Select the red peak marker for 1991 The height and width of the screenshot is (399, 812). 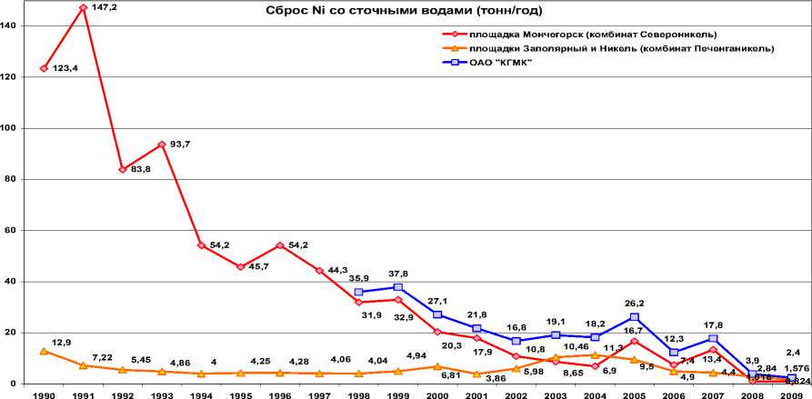point(83,7)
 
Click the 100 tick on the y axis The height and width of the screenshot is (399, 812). point(9,128)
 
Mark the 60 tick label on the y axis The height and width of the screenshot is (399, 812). point(9,231)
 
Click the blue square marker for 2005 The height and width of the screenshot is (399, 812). point(635,317)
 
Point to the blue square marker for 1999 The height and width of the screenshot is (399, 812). point(398,287)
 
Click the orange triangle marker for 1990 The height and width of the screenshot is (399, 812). point(44,351)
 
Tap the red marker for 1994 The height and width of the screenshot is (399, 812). point(201,245)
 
